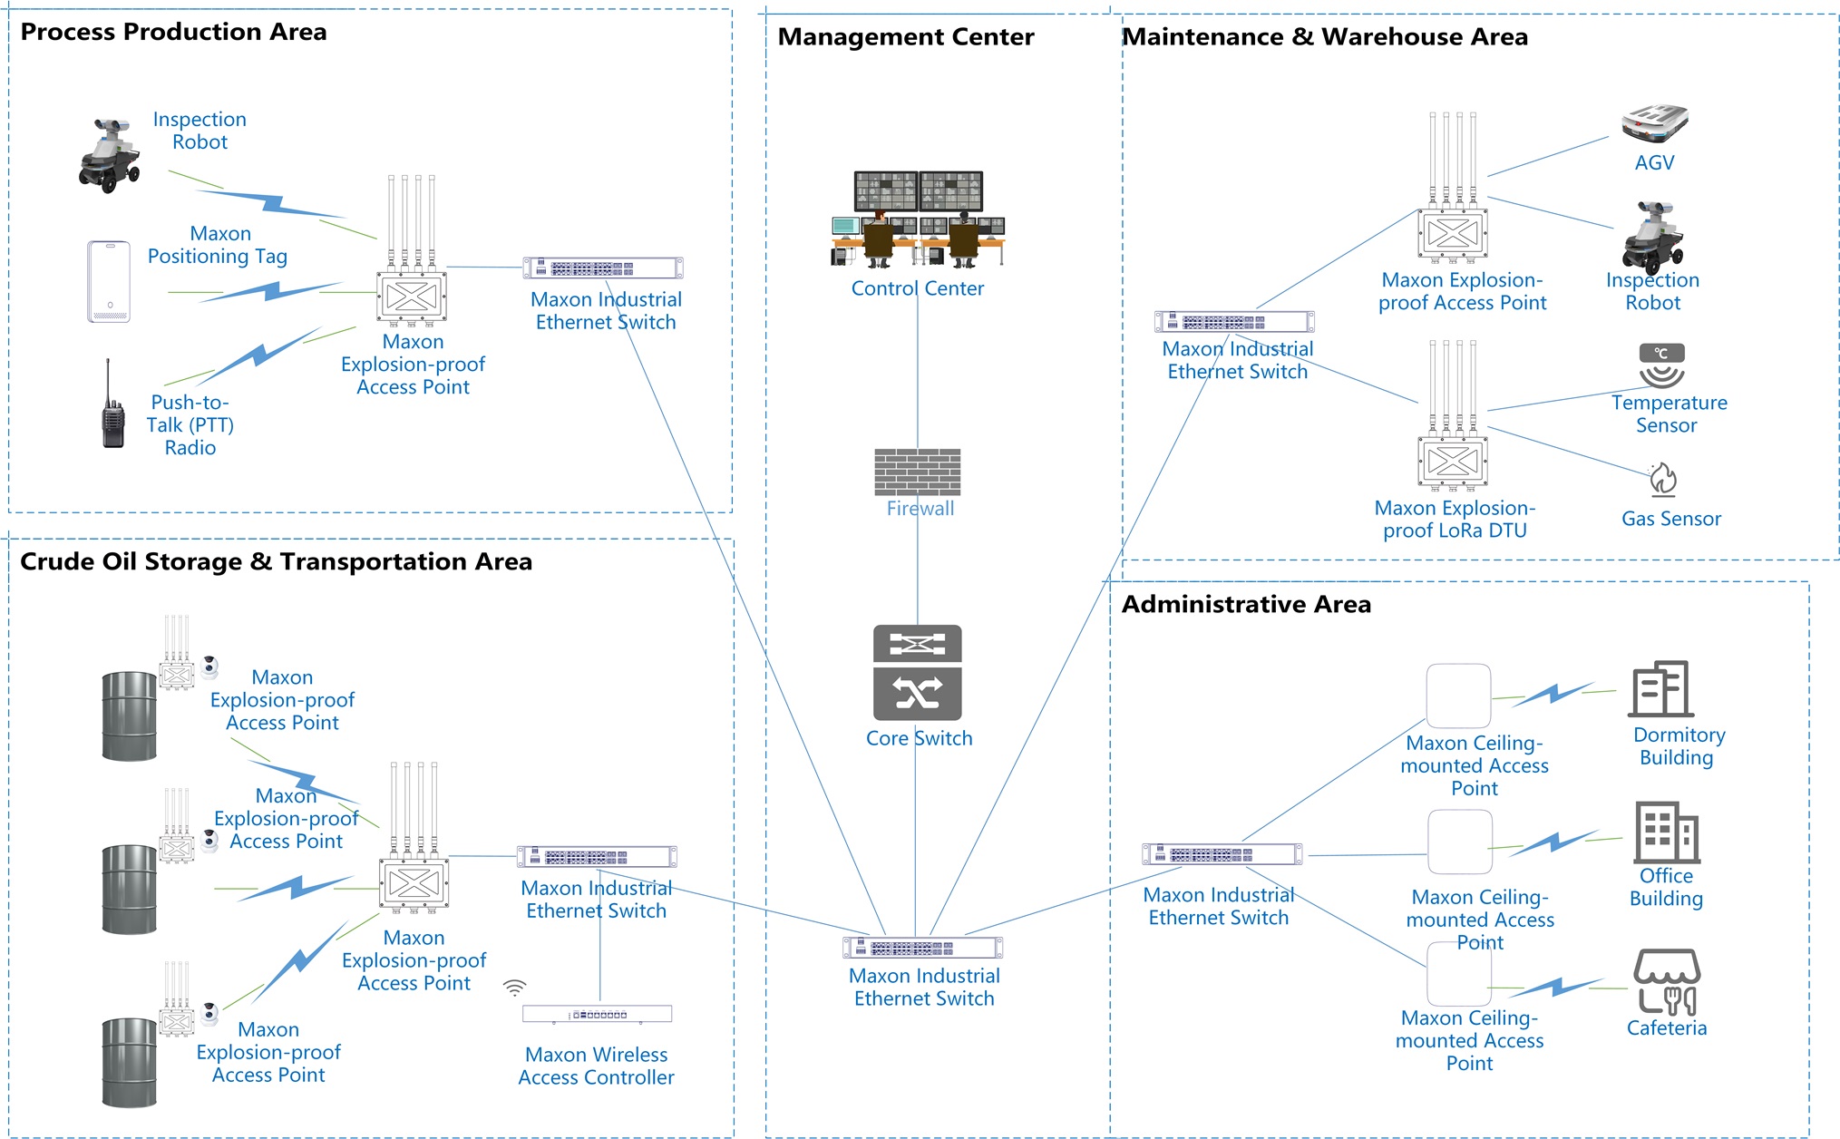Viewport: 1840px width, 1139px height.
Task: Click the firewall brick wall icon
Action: [917, 472]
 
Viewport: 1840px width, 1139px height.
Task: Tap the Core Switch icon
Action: [917, 672]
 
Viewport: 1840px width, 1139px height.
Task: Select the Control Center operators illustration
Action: [918, 219]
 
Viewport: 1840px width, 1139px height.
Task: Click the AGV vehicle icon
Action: [1655, 124]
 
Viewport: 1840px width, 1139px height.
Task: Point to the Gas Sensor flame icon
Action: [1663, 480]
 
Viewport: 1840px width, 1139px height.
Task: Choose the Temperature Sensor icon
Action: [1661, 365]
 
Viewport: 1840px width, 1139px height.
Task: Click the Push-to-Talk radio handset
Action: [112, 408]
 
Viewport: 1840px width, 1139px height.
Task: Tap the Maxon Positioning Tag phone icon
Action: [109, 281]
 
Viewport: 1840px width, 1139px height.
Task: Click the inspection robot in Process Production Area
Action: [110, 154]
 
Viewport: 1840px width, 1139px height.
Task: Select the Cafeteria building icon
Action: [1667, 981]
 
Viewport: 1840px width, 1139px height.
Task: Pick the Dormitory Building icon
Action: [1661, 689]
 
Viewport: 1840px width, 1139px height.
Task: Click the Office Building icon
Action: [1666, 832]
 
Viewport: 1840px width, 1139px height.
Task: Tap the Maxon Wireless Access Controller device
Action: [597, 1014]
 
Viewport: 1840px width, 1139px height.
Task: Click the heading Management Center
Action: [905, 37]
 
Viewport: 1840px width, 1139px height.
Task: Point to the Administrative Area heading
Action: [1246, 605]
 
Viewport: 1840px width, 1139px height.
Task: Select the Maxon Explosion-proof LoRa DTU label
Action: [1455, 520]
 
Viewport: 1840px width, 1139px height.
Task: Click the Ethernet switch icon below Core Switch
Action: [922, 948]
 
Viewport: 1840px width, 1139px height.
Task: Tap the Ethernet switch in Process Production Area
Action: [603, 268]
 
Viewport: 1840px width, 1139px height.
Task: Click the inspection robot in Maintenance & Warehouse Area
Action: [1652, 237]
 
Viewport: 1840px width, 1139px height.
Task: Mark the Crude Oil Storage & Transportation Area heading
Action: [276, 562]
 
